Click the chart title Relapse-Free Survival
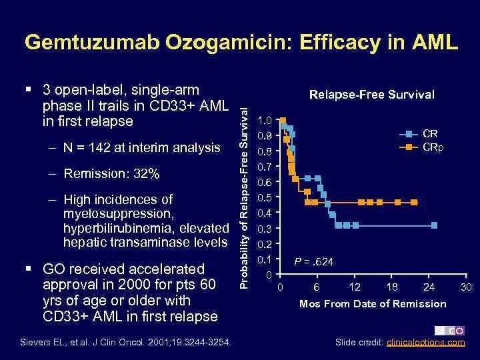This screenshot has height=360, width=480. (371, 95)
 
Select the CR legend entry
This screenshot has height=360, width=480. (430, 134)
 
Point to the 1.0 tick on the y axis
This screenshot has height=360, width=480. (265, 121)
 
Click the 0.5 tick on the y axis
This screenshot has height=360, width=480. (265, 198)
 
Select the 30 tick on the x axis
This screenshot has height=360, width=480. (467, 287)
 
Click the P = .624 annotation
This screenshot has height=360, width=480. (315, 262)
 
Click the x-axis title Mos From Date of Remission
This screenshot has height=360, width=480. (373, 304)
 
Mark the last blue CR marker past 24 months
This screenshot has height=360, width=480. (434, 225)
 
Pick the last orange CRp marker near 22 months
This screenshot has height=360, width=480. (414, 202)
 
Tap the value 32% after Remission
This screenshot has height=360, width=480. (145, 174)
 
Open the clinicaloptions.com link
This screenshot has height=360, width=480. (426, 343)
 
